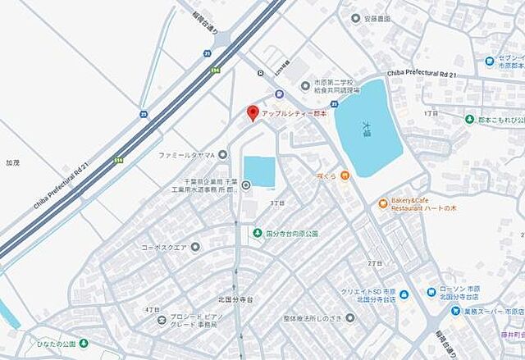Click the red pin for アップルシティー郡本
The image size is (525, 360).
(253, 113)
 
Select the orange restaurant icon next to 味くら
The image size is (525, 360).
(346, 174)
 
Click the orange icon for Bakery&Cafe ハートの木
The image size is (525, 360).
(382, 203)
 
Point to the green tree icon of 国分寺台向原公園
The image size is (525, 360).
(258, 232)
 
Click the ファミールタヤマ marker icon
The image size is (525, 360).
(221, 154)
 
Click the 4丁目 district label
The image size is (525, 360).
(152, 309)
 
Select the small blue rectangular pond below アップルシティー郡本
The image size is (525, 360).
(259, 171)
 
